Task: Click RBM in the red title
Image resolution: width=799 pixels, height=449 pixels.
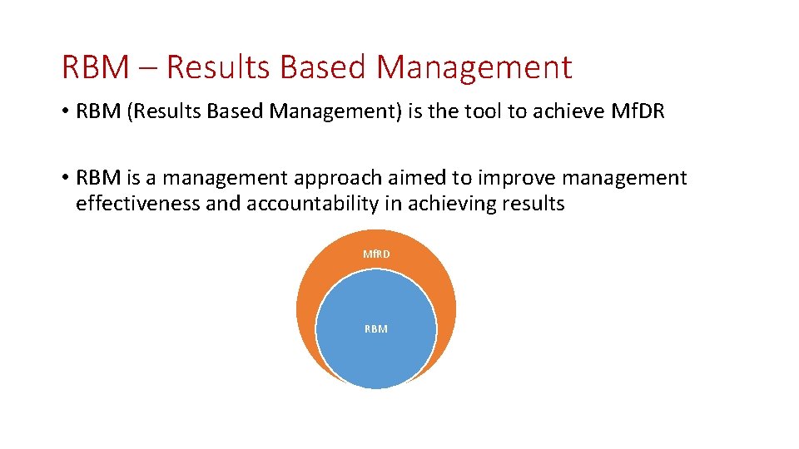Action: pos(95,67)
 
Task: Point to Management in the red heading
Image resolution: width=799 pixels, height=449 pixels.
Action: pos(474,67)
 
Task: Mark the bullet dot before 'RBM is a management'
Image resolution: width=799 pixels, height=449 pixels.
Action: pos(66,179)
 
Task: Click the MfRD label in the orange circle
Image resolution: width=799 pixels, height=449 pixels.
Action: pos(376,254)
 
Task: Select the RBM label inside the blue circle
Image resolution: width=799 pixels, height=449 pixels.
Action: pos(376,329)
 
